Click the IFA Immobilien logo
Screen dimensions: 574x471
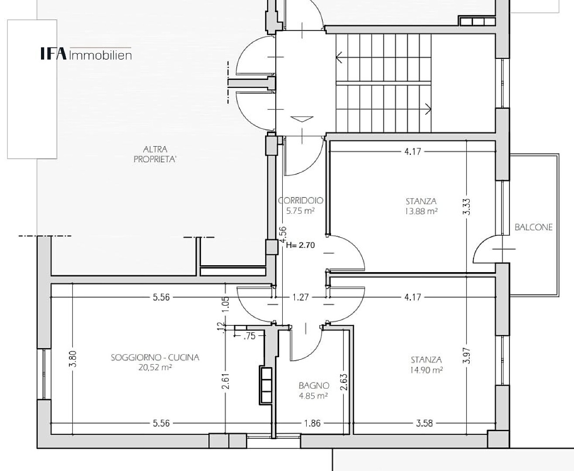(86, 54)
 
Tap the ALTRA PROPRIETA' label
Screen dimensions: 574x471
(155, 154)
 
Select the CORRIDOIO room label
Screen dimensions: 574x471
(301, 201)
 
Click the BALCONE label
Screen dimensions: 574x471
(533, 227)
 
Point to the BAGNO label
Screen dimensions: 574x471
(314, 385)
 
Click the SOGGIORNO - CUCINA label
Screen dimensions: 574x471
(155, 357)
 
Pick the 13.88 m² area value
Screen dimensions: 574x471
(421, 211)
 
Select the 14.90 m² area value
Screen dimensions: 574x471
(426, 370)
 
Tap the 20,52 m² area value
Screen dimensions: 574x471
(155, 368)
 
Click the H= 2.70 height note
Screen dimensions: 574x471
(300, 245)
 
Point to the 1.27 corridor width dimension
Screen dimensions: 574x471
(301, 297)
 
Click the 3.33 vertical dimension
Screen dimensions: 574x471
(467, 207)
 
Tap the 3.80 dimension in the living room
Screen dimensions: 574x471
(73, 359)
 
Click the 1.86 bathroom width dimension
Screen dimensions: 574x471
(312, 423)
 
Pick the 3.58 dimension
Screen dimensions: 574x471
(424, 423)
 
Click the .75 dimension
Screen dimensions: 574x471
(249, 336)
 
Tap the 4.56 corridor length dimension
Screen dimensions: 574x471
(283, 235)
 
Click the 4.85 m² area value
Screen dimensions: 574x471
(313, 396)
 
